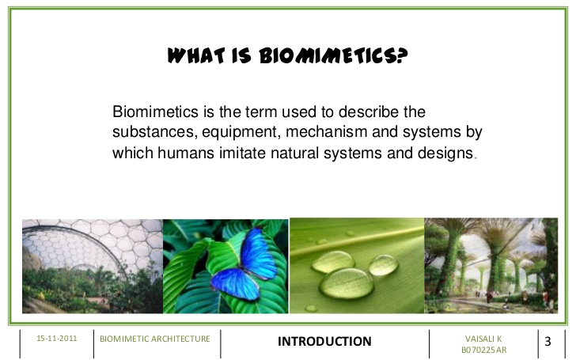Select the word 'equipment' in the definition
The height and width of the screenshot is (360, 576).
[x=241, y=132]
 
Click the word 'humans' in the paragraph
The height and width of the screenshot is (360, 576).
[x=186, y=153]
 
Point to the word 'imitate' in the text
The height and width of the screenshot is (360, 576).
[x=242, y=153]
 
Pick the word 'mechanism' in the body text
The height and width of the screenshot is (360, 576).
[x=326, y=131]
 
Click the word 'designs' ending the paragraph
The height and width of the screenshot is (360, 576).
[x=445, y=153]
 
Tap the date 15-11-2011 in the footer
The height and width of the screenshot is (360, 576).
[x=57, y=339]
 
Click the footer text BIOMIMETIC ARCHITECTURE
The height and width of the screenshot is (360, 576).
[x=154, y=339]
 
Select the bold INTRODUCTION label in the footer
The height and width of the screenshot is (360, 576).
[x=324, y=341]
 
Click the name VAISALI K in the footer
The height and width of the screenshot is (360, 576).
[x=483, y=339]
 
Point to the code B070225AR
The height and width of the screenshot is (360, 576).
[x=483, y=350]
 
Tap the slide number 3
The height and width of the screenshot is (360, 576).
[x=548, y=341]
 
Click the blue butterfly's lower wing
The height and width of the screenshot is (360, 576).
[x=235, y=283]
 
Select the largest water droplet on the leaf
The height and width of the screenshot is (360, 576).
[x=346, y=283]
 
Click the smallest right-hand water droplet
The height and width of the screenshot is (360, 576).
[x=383, y=265]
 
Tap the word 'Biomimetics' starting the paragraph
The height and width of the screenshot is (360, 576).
[x=155, y=112]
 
